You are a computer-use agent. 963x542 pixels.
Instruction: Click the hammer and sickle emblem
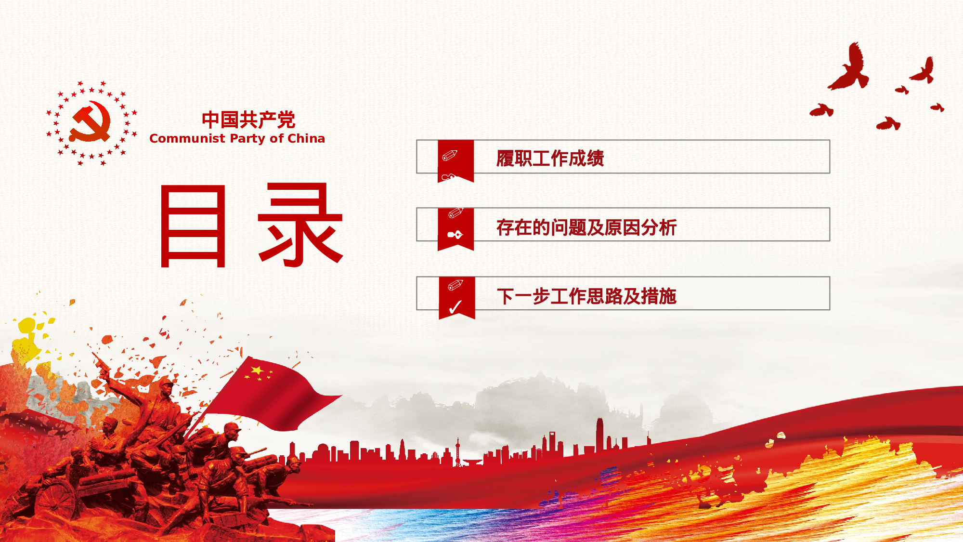tap(90, 122)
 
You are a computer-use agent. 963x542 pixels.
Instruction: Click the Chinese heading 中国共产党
tap(248, 119)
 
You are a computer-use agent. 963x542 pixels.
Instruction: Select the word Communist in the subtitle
tap(187, 138)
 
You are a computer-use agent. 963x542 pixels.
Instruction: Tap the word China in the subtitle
tap(306, 138)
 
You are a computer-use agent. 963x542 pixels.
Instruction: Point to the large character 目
tap(193, 225)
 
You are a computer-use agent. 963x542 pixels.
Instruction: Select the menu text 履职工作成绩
tap(550, 158)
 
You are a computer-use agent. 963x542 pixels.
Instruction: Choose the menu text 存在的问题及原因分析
tap(586, 227)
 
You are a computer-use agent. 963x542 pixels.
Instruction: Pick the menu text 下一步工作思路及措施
tap(586, 296)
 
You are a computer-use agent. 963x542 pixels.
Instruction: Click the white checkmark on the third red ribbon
tap(455, 307)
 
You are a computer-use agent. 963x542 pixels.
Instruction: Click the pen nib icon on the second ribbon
tap(455, 235)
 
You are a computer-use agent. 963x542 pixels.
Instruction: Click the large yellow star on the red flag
tap(258, 370)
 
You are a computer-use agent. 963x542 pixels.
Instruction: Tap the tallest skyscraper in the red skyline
tap(599, 436)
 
